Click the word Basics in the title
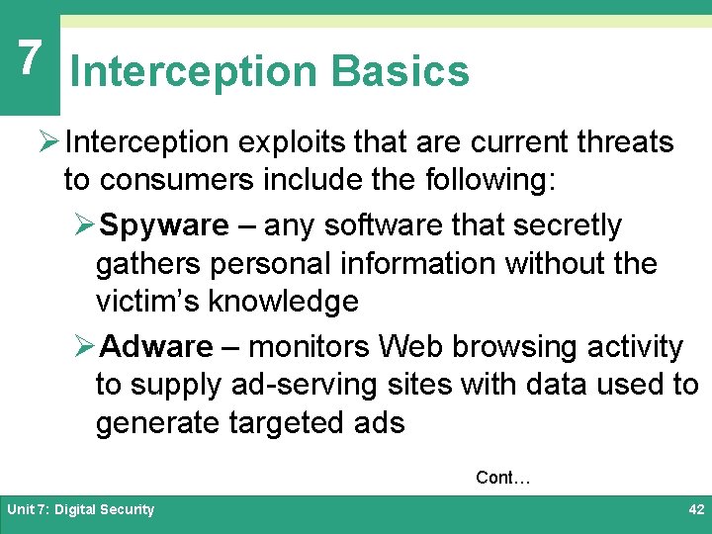pyautogui.click(x=400, y=71)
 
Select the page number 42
pyautogui.click(x=695, y=509)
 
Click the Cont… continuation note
pyautogui.click(x=503, y=478)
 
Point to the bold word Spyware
pyautogui.click(x=164, y=225)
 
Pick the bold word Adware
pyautogui.click(x=157, y=347)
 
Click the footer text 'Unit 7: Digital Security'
pyautogui.click(x=81, y=509)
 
